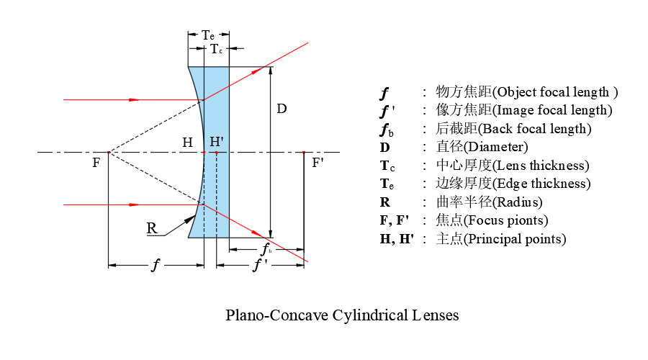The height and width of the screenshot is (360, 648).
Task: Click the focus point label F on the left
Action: [x=96, y=163]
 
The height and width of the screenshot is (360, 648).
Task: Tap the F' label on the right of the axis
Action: [x=318, y=163]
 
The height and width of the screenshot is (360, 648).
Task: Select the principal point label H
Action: [x=188, y=143]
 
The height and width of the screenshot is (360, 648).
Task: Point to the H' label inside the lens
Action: [x=217, y=142]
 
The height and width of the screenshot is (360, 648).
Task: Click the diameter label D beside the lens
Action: [x=282, y=109]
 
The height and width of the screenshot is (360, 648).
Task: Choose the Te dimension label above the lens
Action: [x=208, y=35]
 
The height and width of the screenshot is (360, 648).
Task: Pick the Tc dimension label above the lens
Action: [x=216, y=49]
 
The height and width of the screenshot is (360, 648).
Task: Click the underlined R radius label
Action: [x=152, y=228]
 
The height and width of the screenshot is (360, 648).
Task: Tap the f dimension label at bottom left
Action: [x=156, y=264]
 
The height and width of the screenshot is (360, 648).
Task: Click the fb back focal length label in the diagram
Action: [x=266, y=249]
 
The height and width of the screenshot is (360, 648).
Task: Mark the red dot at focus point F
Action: [x=109, y=153]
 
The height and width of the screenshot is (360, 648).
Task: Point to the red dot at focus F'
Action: [x=304, y=153]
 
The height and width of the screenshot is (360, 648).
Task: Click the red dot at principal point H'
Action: [x=217, y=153]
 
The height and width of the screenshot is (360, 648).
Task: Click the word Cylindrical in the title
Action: [x=370, y=315]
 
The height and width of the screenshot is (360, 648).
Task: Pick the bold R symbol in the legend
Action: [x=384, y=202]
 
